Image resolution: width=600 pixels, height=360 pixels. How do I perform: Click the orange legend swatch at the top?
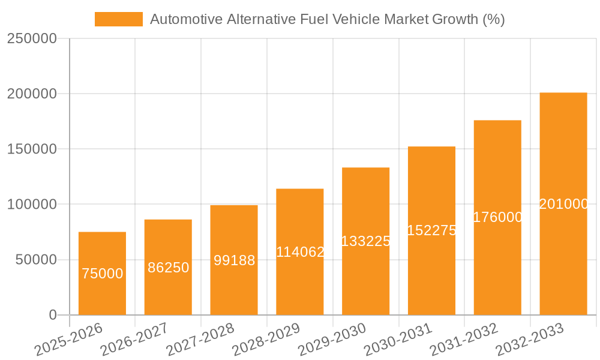pos(118,19)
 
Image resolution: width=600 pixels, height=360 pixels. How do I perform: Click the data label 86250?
pos(168,268)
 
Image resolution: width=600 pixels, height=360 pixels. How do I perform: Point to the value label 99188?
pos(234,260)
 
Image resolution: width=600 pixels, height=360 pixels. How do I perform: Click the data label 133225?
pos(365,241)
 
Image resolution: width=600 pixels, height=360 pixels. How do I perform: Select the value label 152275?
pos(431,230)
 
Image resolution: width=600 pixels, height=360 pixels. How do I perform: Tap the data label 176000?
pos(497,217)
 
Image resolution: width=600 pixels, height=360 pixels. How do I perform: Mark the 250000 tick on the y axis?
pos(31,39)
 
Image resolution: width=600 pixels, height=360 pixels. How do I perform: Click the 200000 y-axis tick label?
pos(31,94)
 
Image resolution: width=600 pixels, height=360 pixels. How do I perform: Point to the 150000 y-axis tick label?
pos(31,149)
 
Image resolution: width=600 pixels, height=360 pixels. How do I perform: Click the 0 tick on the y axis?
pos(52,315)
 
